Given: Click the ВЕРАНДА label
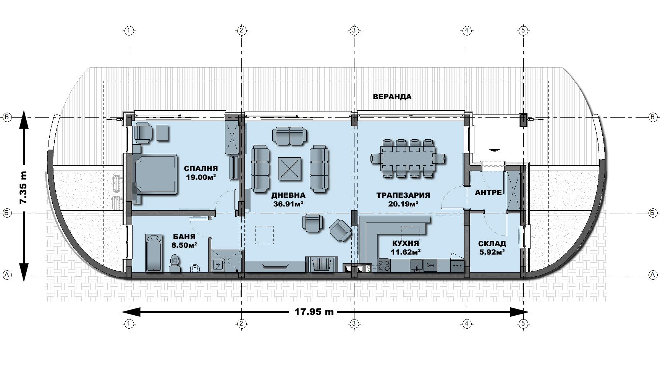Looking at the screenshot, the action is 392,97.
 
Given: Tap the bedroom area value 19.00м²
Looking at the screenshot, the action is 201,177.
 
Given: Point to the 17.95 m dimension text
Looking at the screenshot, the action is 314,312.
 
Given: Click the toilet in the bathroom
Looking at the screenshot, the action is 175,263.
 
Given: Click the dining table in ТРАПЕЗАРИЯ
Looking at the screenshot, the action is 408,158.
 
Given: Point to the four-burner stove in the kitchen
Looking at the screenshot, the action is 383,265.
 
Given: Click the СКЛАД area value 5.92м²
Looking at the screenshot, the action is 492,252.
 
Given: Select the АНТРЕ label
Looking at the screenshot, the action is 488,193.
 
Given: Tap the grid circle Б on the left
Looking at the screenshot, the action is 7,213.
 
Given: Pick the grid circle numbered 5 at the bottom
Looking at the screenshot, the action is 524,324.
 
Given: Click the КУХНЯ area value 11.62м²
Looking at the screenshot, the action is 406,252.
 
